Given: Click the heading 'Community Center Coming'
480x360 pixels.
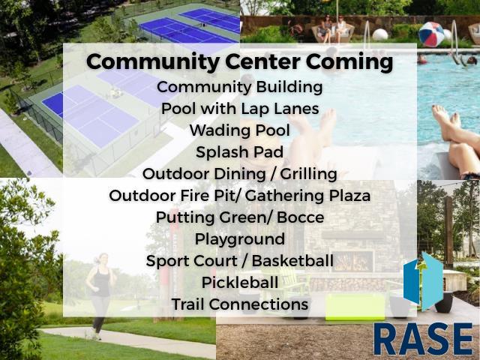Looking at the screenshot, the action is (240, 62).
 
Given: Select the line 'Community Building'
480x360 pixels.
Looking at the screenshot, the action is (240, 88).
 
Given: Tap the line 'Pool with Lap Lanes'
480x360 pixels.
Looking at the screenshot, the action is (240, 109).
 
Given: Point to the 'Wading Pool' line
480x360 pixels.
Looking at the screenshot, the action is (240, 130).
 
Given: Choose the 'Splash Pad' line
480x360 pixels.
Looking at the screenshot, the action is (240, 152).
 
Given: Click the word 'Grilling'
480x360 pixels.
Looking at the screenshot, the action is (308, 175).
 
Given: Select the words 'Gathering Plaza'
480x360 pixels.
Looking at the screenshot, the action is (307, 196).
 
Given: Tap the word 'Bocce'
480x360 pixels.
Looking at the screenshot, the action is (300, 217).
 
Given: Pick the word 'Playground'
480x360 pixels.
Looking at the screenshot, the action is (240, 239).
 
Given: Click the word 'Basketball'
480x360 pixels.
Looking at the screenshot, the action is (292, 261).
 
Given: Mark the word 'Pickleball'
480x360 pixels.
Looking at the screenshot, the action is (240, 283).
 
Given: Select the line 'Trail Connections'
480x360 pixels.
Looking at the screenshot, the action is (240, 304).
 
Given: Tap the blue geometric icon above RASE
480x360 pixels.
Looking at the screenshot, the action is (423, 282).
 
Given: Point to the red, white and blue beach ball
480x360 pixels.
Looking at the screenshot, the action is (432, 34).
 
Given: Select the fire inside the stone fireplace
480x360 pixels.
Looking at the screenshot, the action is (353, 262).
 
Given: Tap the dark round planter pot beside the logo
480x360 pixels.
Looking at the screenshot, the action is (443, 301).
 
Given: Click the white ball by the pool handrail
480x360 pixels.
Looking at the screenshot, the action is (380, 35).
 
